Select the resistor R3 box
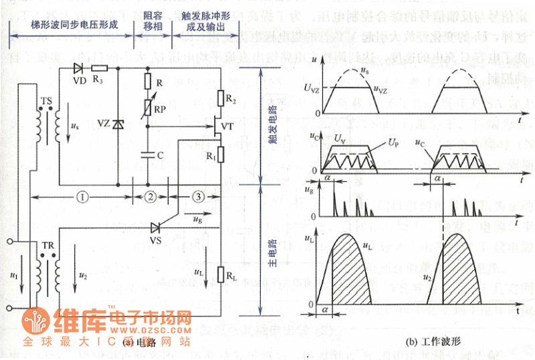(100, 68)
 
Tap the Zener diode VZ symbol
(118, 124)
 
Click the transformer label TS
(46, 100)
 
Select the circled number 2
(151, 197)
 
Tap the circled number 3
(197, 197)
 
